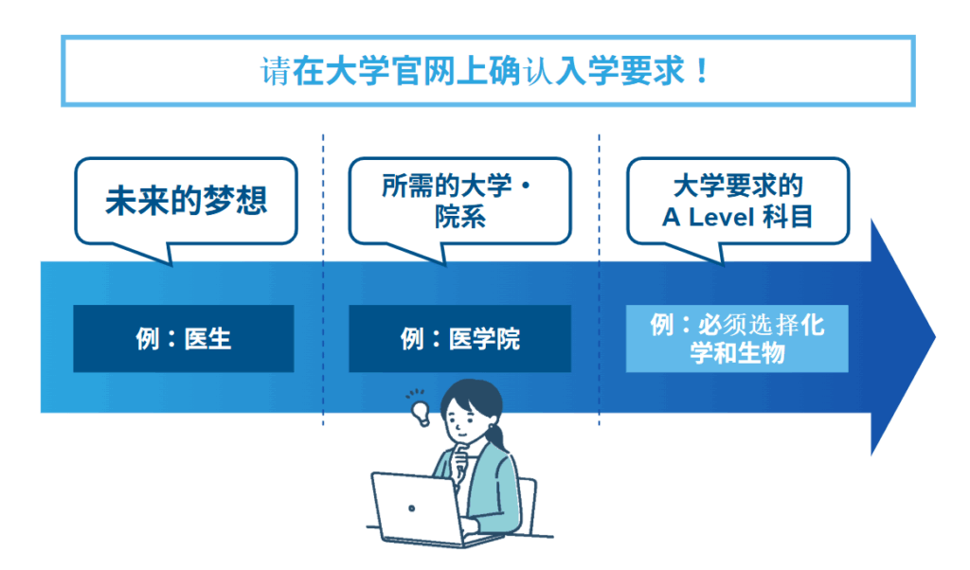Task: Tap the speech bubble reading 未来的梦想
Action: point(186,200)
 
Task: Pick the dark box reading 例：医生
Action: point(183,338)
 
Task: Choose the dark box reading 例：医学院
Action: point(459,338)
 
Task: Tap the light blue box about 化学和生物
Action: point(737,339)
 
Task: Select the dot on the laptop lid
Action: point(411,508)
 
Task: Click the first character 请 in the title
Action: point(275,72)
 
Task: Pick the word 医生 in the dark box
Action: point(208,338)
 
